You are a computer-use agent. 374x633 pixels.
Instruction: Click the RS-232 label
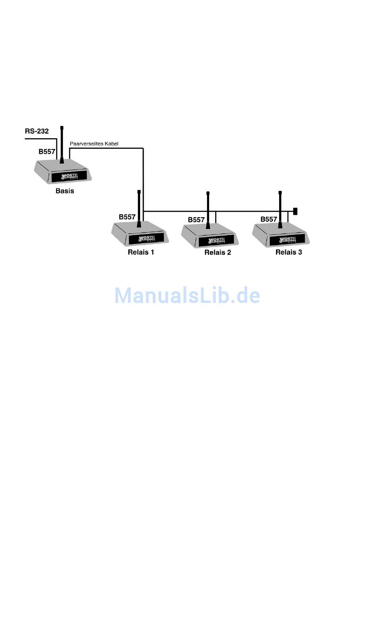[37, 131]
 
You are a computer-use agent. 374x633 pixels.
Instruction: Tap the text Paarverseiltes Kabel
[94, 144]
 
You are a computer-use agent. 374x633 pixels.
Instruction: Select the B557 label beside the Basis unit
[46, 152]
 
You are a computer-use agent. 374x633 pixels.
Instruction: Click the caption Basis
[65, 191]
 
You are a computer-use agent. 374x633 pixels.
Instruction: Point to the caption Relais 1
[141, 252]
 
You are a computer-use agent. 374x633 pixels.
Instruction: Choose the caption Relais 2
[217, 253]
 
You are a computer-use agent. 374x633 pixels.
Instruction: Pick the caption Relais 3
[289, 252]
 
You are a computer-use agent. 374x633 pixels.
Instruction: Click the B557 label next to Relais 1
[127, 217]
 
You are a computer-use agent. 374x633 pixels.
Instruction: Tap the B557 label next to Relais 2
[196, 220]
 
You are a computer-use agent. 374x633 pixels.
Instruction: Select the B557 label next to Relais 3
[268, 220]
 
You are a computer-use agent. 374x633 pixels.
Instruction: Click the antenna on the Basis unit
[62, 144]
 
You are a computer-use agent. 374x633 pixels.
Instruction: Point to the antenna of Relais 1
[139, 209]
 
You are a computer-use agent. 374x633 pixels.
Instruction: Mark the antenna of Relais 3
[280, 209]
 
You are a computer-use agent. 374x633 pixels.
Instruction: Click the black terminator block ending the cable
[295, 211]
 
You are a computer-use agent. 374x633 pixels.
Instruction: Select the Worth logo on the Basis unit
[70, 177]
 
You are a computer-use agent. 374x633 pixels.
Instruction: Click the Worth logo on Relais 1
[146, 238]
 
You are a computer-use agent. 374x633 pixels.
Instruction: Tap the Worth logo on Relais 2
[216, 240]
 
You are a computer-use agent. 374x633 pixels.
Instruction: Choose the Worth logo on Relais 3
[287, 240]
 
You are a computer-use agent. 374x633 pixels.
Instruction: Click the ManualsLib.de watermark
[187, 295]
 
